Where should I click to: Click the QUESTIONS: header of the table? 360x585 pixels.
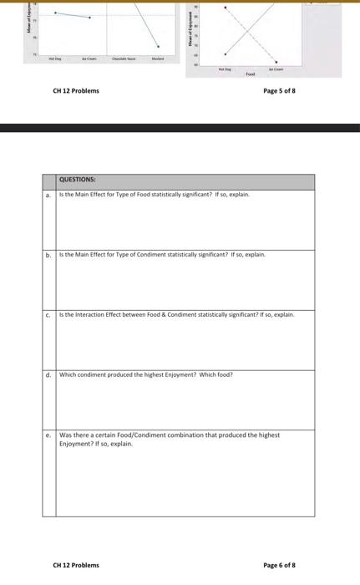[x=78, y=180]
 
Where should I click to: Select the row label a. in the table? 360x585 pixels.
[x=48, y=195]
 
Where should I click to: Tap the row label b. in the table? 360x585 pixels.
[x=48, y=254]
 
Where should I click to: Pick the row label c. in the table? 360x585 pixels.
[x=48, y=314]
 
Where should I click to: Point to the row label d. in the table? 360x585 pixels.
[x=48, y=374]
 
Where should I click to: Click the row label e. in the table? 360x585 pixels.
[x=48, y=435]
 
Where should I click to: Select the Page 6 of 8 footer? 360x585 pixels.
[x=279, y=565]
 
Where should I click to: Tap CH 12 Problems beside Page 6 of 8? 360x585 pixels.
[x=75, y=565]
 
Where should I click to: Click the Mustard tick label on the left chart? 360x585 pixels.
[x=158, y=58]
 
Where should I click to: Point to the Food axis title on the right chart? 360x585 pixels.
[x=251, y=74]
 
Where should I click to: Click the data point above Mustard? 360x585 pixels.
[x=159, y=47]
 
